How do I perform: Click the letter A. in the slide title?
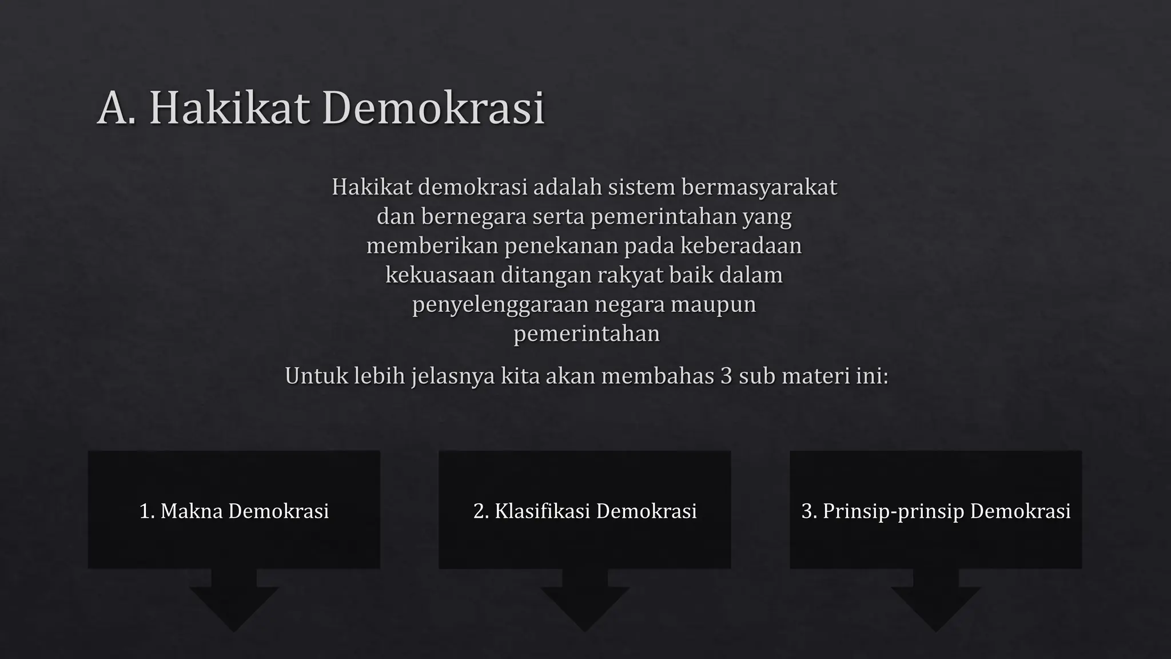pos(117,108)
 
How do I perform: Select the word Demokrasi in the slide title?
pos(433,108)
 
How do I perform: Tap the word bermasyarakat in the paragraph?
pos(759,188)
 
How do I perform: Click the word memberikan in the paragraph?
pos(432,246)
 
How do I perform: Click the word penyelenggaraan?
pos(501,304)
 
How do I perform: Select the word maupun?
pos(713,304)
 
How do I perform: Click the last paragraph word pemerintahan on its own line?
pos(586,334)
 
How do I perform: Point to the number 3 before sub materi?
pos(726,376)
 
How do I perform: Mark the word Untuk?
pos(316,376)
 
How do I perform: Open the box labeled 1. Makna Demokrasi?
pos(234,510)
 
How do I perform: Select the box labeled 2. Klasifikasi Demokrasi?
pos(584,510)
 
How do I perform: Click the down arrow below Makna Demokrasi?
pos(234,604)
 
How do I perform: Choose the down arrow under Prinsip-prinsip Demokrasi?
pos(935,604)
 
